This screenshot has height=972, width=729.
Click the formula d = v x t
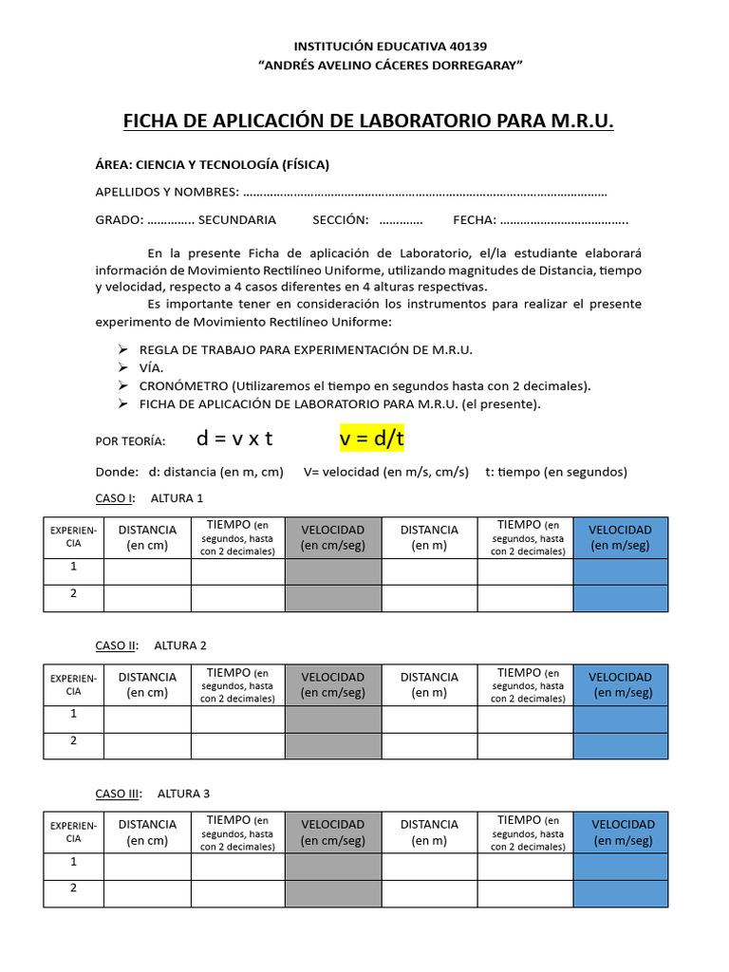click(234, 439)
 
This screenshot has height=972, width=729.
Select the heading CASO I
click(115, 498)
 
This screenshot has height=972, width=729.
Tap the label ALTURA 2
click(180, 645)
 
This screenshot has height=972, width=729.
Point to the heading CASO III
click(118, 794)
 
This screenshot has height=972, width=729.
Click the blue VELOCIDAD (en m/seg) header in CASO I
click(620, 537)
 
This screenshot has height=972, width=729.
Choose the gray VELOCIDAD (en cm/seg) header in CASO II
click(332, 684)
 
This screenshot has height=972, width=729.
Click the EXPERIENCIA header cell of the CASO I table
click(73, 537)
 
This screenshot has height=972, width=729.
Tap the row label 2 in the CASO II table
click(73, 740)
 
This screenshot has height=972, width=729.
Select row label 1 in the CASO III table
click(73, 862)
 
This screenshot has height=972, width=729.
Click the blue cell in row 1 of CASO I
click(620, 571)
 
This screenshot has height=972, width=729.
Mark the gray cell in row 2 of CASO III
click(332, 893)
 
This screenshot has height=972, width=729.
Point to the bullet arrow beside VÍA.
click(122, 367)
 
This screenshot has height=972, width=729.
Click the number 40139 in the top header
click(465, 46)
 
